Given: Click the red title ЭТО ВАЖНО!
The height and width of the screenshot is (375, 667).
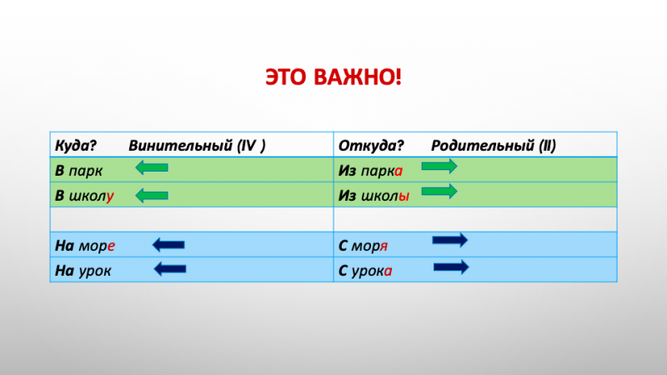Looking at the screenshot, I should [x=333, y=78].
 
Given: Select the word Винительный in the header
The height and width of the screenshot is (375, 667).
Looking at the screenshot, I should [x=179, y=144].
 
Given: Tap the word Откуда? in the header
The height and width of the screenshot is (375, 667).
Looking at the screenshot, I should [x=371, y=144].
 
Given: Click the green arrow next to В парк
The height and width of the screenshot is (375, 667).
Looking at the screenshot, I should [x=151, y=169].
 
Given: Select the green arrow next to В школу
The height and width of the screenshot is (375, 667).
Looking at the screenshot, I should [x=151, y=196].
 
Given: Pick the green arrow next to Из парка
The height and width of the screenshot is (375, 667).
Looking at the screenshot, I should [x=439, y=167].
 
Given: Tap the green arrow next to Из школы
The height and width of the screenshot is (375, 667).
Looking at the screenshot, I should [x=439, y=192].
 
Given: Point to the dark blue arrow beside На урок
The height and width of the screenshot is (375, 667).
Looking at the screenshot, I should [x=169, y=269].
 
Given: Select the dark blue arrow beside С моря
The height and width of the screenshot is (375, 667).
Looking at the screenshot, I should [x=450, y=241].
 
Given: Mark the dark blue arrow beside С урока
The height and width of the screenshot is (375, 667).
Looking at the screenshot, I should [x=451, y=267].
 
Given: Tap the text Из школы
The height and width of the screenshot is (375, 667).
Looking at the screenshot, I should [x=374, y=197].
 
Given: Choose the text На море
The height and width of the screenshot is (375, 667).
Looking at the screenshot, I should [x=84, y=246].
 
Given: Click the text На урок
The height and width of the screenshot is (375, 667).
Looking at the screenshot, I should [x=83, y=272].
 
